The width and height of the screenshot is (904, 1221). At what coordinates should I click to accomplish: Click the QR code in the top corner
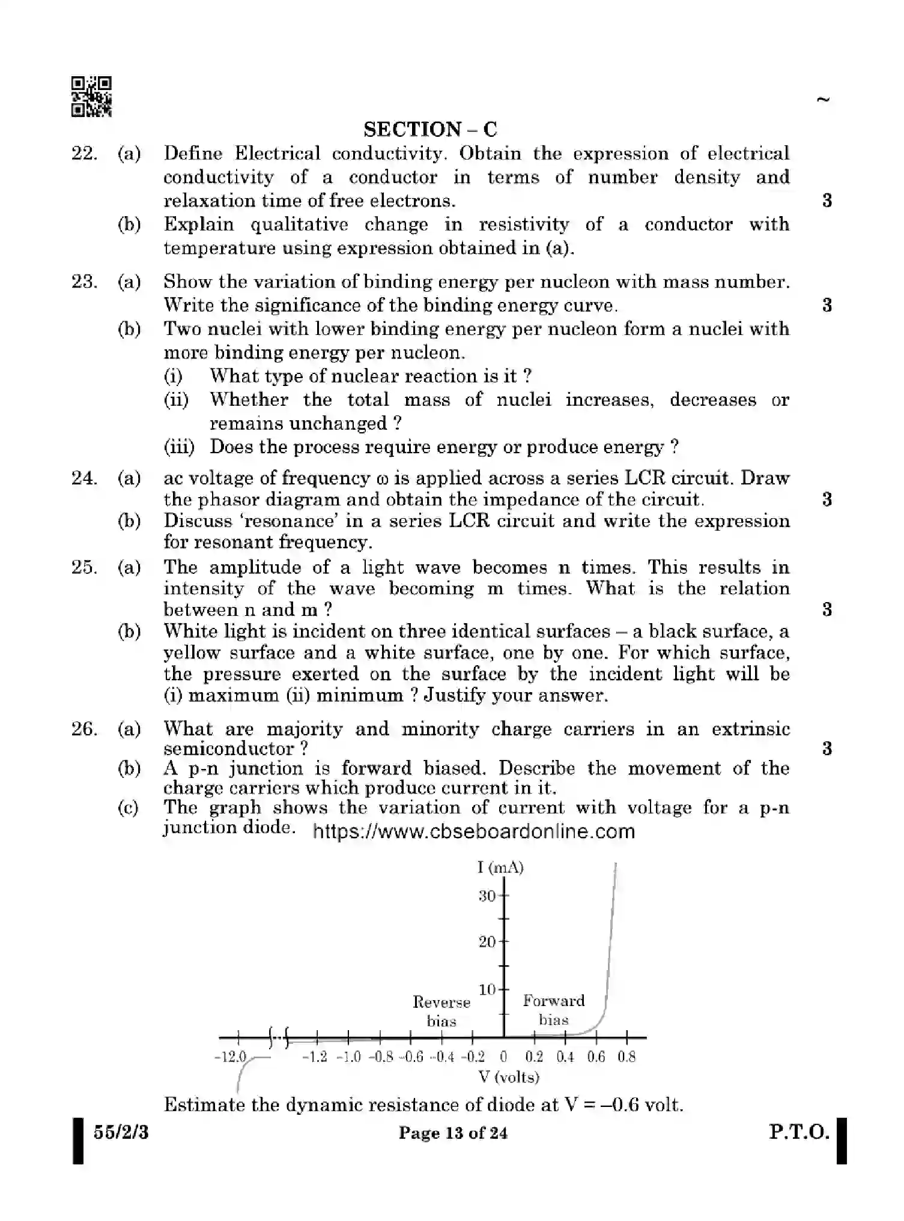91,97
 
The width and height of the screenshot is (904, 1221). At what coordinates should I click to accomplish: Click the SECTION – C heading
430,129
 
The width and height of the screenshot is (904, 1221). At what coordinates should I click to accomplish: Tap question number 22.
84,154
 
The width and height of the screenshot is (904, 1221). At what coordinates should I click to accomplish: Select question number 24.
84,478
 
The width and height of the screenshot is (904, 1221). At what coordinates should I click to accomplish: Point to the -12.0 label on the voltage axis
231,1057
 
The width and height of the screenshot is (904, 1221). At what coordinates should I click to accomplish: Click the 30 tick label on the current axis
487,896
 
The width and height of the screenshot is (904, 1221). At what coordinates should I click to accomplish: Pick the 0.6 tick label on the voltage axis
596,1057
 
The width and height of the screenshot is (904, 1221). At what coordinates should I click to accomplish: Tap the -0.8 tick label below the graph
381,1057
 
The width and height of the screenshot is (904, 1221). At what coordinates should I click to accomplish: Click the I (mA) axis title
500,867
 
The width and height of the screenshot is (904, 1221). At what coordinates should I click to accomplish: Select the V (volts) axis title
509,1077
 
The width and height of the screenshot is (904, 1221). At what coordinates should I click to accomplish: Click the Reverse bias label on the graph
441,1011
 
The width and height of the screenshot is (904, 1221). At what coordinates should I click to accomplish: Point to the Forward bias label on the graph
553,1010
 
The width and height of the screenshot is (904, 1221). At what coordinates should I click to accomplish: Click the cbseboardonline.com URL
474,831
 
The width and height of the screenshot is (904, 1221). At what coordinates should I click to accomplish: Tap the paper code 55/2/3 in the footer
121,1133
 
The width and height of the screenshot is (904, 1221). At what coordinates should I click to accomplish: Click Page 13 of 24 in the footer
453,1133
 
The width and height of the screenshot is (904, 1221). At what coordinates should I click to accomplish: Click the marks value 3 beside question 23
827,305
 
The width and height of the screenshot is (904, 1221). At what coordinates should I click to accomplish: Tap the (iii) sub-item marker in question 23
178,447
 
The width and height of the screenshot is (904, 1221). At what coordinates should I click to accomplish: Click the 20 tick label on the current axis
487,942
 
